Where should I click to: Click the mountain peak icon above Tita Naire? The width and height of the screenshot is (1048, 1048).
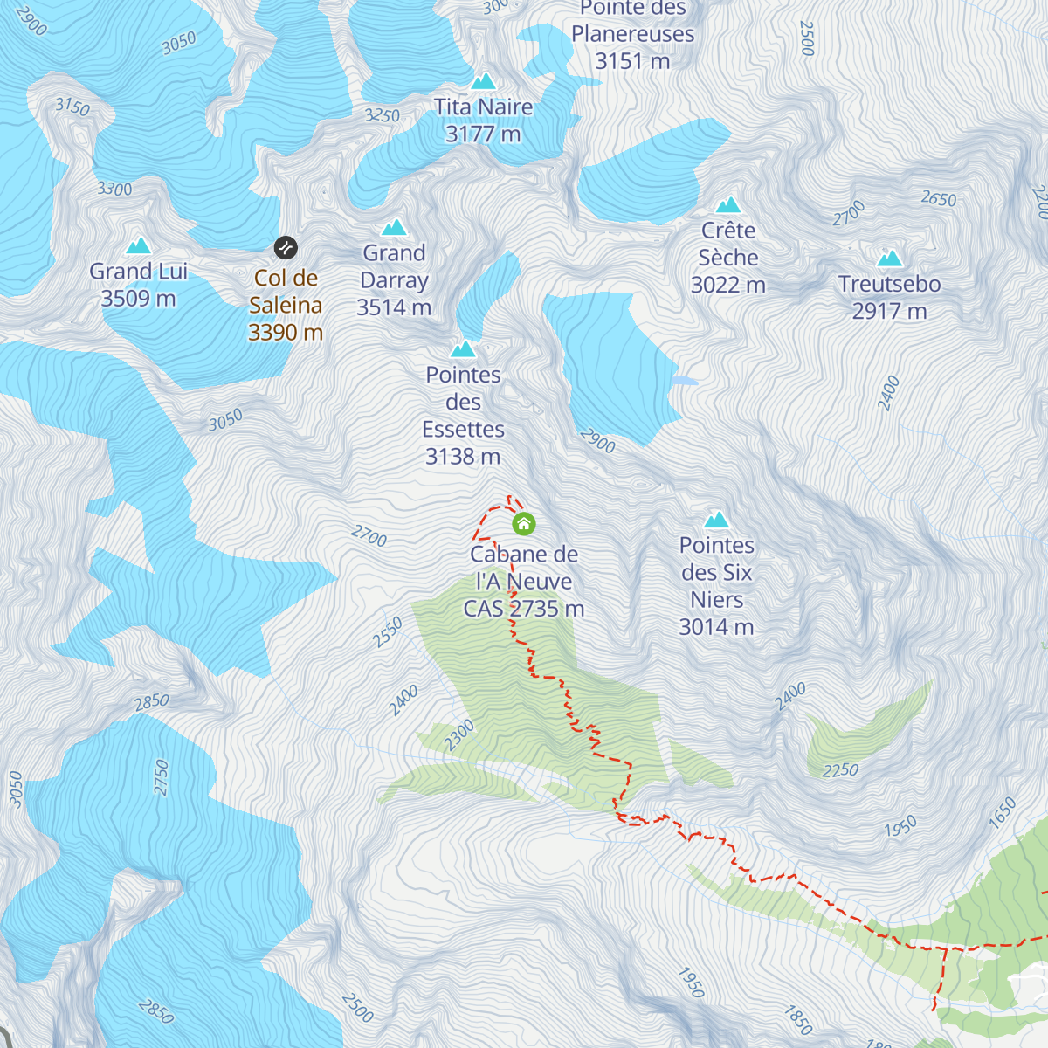click(483, 82)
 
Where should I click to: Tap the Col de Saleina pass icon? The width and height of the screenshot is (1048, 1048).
click(286, 248)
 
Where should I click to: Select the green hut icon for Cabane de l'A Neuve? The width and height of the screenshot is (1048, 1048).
click(523, 524)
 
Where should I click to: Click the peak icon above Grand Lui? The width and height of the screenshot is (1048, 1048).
click(138, 246)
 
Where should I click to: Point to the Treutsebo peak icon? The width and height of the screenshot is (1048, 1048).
click(889, 259)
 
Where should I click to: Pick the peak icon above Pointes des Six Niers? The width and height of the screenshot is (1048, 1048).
click(716, 520)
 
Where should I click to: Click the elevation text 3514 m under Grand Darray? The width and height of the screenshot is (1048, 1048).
click(394, 307)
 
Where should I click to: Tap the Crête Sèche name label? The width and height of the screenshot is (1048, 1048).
click(727, 244)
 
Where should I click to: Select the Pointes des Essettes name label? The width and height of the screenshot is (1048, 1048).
click(463, 402)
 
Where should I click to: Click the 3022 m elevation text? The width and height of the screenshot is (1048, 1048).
click(727, 286)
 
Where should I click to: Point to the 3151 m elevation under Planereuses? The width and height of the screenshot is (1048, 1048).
click(632, 61)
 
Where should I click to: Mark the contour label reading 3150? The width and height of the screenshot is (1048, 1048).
click(72, 107)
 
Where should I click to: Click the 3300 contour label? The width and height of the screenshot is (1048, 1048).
click(114, 189)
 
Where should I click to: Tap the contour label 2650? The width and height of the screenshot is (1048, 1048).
click(939, 199)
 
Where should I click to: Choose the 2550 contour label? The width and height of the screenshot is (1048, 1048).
click(388, 632)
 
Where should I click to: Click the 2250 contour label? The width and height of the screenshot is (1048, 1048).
click(840, 770)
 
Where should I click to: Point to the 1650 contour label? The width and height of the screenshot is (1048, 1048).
click(1003, 812)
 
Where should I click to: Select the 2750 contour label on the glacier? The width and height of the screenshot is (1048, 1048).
click(162, 777)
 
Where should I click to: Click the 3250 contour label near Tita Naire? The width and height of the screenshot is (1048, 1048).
click(382, 115)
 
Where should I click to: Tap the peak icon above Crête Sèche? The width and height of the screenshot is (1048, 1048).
click(727, 205)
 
